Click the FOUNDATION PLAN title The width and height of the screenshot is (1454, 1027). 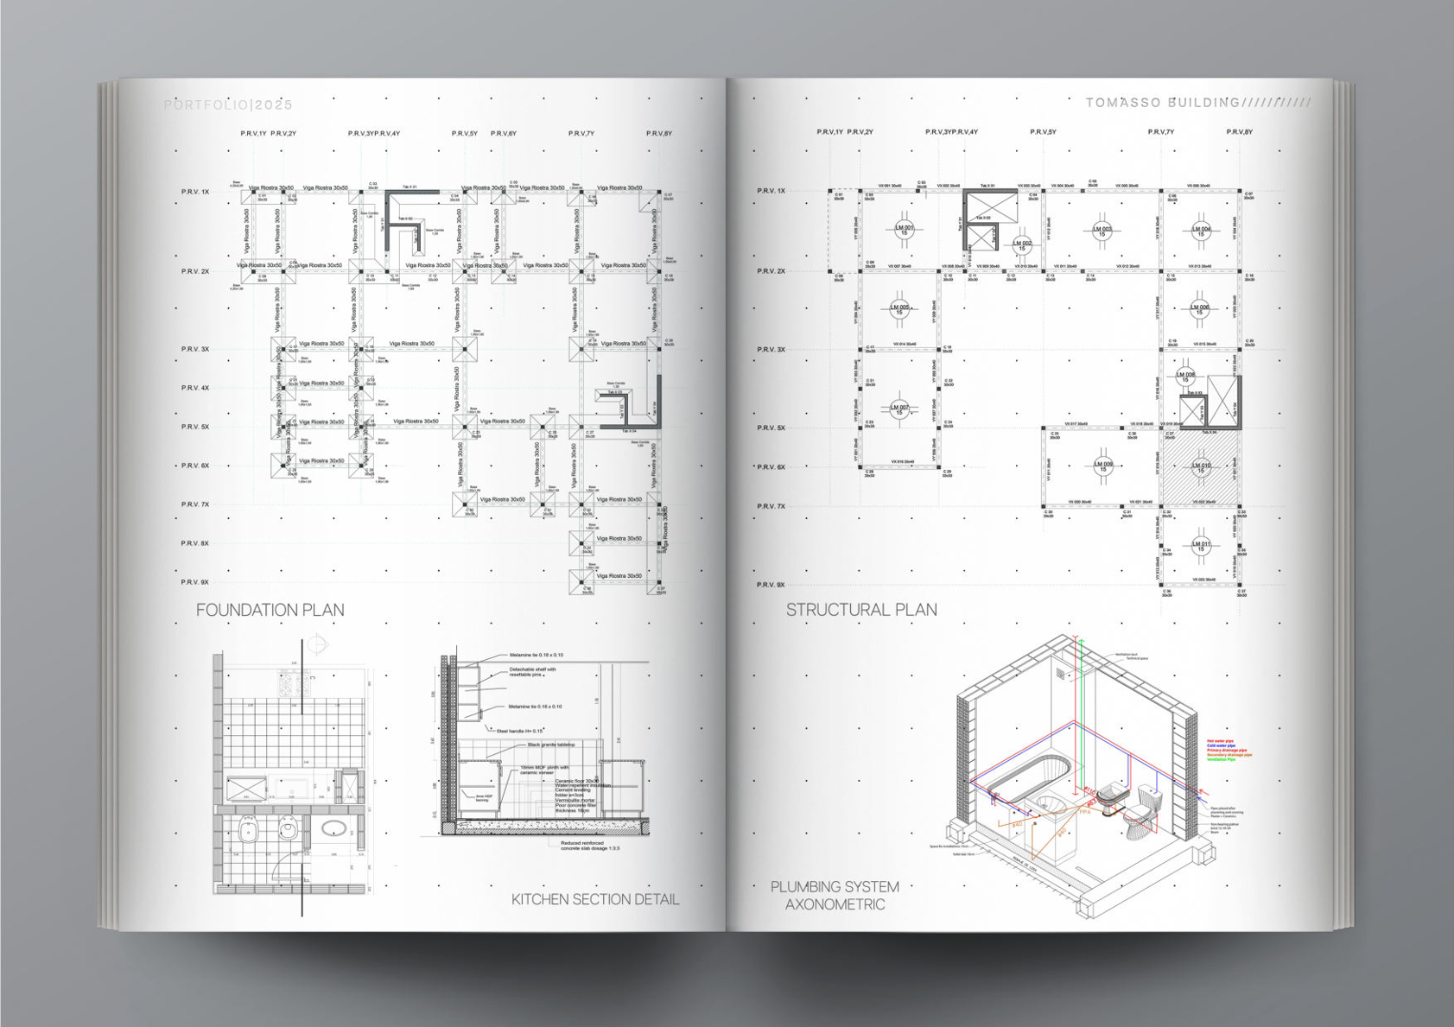(270, 610)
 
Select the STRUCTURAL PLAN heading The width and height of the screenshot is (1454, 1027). (861, 610)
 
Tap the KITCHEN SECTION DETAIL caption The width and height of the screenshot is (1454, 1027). (595, 899)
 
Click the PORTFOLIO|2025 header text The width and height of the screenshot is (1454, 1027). (228, 105)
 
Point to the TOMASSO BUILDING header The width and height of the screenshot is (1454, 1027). (1163, 103)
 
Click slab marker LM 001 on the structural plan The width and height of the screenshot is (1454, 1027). (904, 230)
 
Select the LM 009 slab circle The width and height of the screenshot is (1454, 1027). (1103, 466)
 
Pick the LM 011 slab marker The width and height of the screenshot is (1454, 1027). (1201, 545)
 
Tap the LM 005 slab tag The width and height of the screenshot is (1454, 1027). (899, 308)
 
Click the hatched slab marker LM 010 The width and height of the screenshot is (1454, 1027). (1201, 467)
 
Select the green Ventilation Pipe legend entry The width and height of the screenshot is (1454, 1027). (1222, 760)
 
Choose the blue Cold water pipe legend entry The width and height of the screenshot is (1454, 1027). (1222, 745)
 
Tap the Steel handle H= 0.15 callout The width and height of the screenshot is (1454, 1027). (519, 731)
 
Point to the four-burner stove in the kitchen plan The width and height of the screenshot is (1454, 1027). (294, 682)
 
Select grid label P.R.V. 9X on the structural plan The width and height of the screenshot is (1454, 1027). (771, 585)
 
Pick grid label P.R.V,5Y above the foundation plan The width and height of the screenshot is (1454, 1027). (465, 134)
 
